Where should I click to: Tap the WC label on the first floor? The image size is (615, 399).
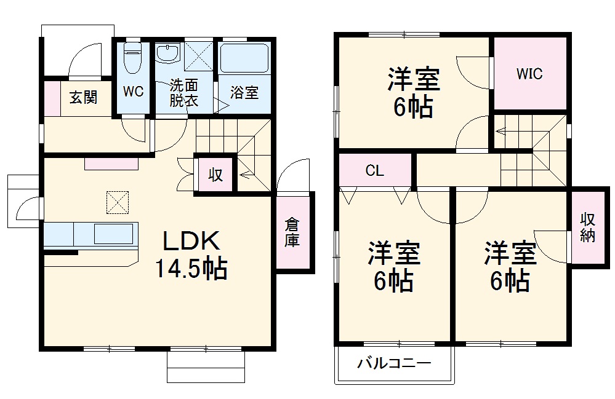pyautogui.click(x=133, y=92)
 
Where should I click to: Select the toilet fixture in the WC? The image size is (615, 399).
pyautogui.click(x=133, y=58)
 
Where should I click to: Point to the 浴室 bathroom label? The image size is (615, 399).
pyautogui.click(x=244, y=93)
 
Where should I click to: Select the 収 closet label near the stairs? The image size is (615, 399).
pyautogui.click(x=215, y=175)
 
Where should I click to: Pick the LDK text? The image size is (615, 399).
pyautogui.click(x=191, y=240)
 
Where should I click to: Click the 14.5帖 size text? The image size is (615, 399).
pyautogui.click(x=191, y=268)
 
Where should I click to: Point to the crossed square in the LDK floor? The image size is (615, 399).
pyautogui.click(x=118, y=201)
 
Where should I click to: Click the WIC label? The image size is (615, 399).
pyautogui.click(x=529, y=74)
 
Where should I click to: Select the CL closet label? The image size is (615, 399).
pyautogui.click(x=374, y=171)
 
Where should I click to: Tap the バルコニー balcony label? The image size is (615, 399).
pyautogui.click(x=395, y=363)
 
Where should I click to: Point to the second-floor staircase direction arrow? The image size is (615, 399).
pyautogui.click(x=500, y=130)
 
